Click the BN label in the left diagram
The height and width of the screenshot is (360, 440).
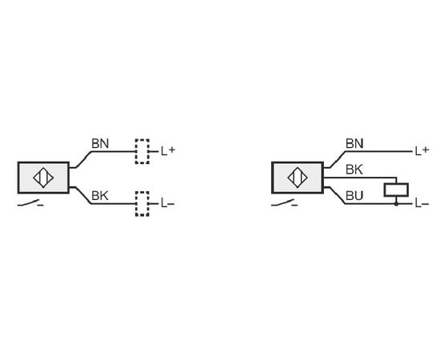100,144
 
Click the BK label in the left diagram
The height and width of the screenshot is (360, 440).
100,196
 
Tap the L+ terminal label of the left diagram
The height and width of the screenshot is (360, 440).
168,151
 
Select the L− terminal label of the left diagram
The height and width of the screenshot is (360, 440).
168,203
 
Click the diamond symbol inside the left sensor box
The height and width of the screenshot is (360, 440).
43,178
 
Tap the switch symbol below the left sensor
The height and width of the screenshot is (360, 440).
30,203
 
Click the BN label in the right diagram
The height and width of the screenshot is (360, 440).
354,144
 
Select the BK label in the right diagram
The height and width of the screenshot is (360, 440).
354,170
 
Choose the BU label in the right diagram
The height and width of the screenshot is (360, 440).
354,196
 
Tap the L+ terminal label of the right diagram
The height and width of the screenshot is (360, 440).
422,151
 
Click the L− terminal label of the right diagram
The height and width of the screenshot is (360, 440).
422,203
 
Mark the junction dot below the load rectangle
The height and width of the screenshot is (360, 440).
396,204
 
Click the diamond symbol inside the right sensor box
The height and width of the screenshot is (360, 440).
298,178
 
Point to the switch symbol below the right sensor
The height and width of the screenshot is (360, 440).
285,203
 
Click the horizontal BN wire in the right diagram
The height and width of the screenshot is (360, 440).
380,151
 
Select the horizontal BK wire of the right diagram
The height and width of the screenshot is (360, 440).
360,178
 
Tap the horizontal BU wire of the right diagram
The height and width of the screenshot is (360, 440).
379,204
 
